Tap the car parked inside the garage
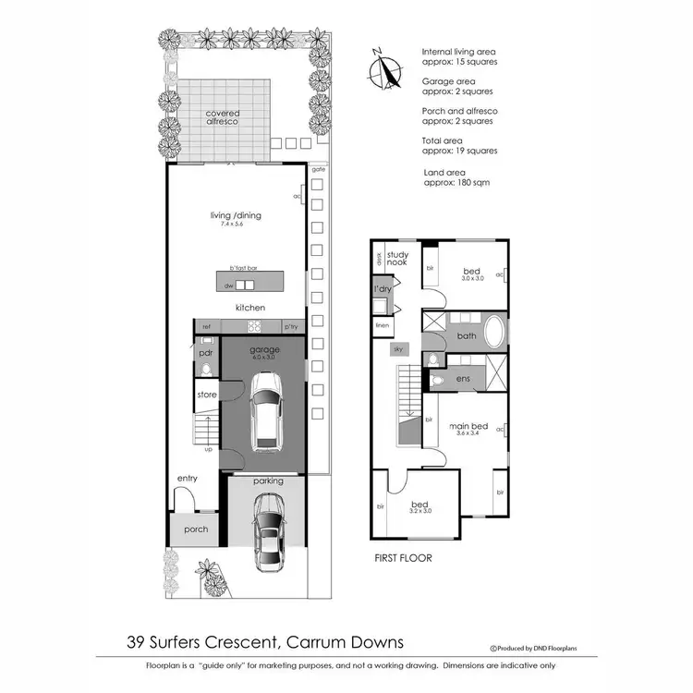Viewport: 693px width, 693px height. tap(267, 413)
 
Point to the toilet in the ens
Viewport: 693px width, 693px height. tap(437, 380)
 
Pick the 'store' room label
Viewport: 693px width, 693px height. tap(206, 395)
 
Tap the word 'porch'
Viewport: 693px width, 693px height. tap(196, 529)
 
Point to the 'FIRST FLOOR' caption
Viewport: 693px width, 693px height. tap(402, 558)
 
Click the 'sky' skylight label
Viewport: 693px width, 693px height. tap(398, 350)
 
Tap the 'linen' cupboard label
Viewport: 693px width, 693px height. tap(379, 325)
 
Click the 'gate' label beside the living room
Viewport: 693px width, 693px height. tap(319, 170)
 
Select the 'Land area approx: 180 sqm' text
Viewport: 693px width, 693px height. tap(456, 176)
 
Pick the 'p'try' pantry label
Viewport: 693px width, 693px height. tap(291, 326)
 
